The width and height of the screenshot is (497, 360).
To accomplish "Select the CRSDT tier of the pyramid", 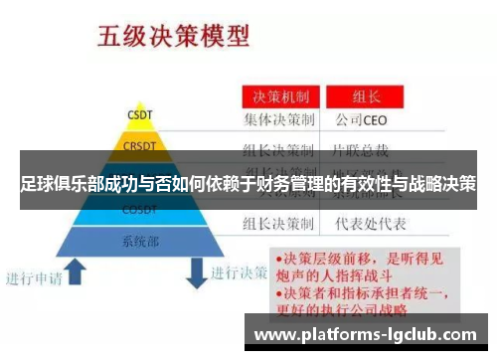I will click(x=140, y=147).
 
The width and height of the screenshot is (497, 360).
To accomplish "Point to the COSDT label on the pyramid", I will click(x=140, y=211).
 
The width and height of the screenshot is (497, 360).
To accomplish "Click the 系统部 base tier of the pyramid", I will click(x=140, y=241).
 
